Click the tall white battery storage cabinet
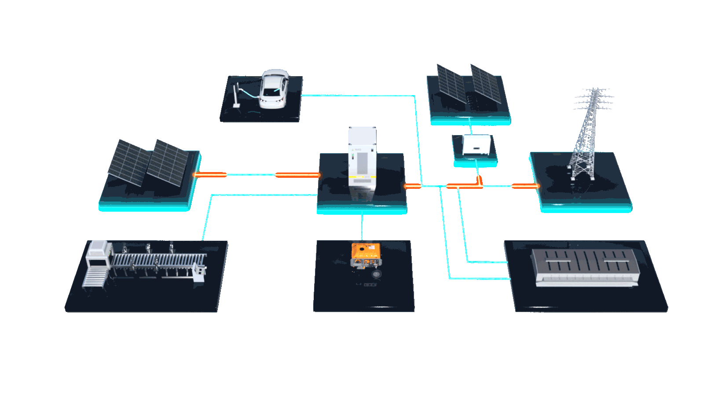coord(362,158)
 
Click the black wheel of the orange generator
coord(376,274)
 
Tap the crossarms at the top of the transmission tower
coord(594,99)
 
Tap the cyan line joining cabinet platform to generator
coord(362,227)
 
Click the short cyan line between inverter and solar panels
coord(472,129)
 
